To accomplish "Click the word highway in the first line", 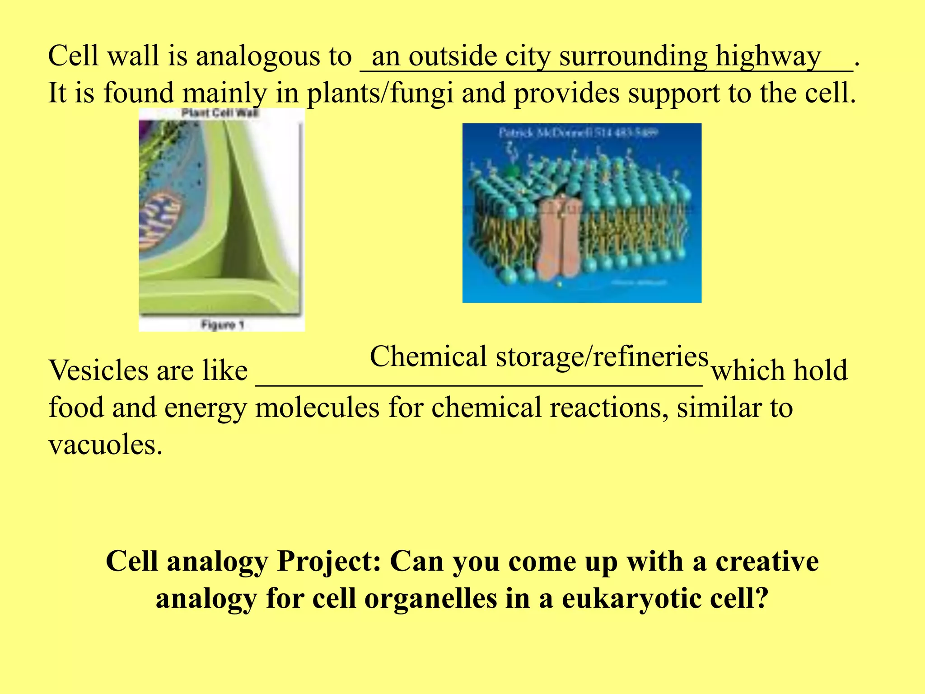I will tap(768, 57).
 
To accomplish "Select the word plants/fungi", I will tap(380, 94).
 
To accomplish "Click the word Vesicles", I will tap(98, 370).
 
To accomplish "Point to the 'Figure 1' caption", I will tap(222, 324).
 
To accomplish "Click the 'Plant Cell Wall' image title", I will tap(220, 113).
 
